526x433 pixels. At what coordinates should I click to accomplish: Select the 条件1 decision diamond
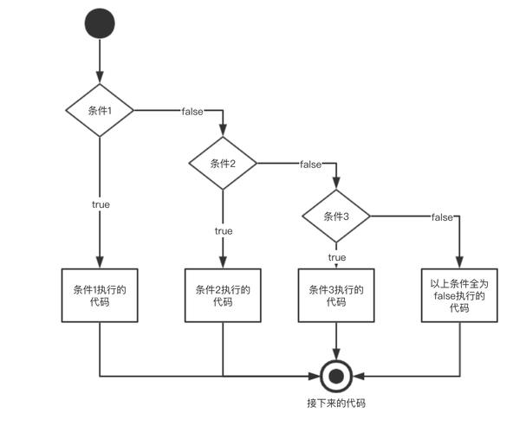pos(101,111)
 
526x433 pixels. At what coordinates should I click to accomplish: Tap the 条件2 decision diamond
pos(224,163)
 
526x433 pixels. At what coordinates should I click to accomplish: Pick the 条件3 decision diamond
pos(335,216)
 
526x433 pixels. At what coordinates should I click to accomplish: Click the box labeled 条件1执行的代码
pos(101,295)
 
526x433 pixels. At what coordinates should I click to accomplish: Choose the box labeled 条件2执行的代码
pos(224,295)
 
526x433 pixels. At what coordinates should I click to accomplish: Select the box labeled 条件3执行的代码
pos(335,295)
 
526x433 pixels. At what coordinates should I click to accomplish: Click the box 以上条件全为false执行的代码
pos(458,295)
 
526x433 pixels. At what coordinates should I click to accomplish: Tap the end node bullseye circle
pos(335,376)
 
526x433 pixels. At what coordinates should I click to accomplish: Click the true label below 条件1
pos(101,204)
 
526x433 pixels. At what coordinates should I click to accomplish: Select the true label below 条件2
pos(224,231)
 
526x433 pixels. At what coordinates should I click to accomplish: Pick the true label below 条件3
pos(336,257)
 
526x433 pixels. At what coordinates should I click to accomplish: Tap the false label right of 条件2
pos(310,164)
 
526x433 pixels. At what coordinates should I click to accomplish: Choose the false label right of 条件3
pos(443,216)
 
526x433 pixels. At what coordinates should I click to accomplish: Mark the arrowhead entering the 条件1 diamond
pos(101,81)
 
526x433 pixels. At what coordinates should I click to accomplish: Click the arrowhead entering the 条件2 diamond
pos(224,132)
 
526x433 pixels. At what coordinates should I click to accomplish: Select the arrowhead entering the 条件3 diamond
pos(335,184)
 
